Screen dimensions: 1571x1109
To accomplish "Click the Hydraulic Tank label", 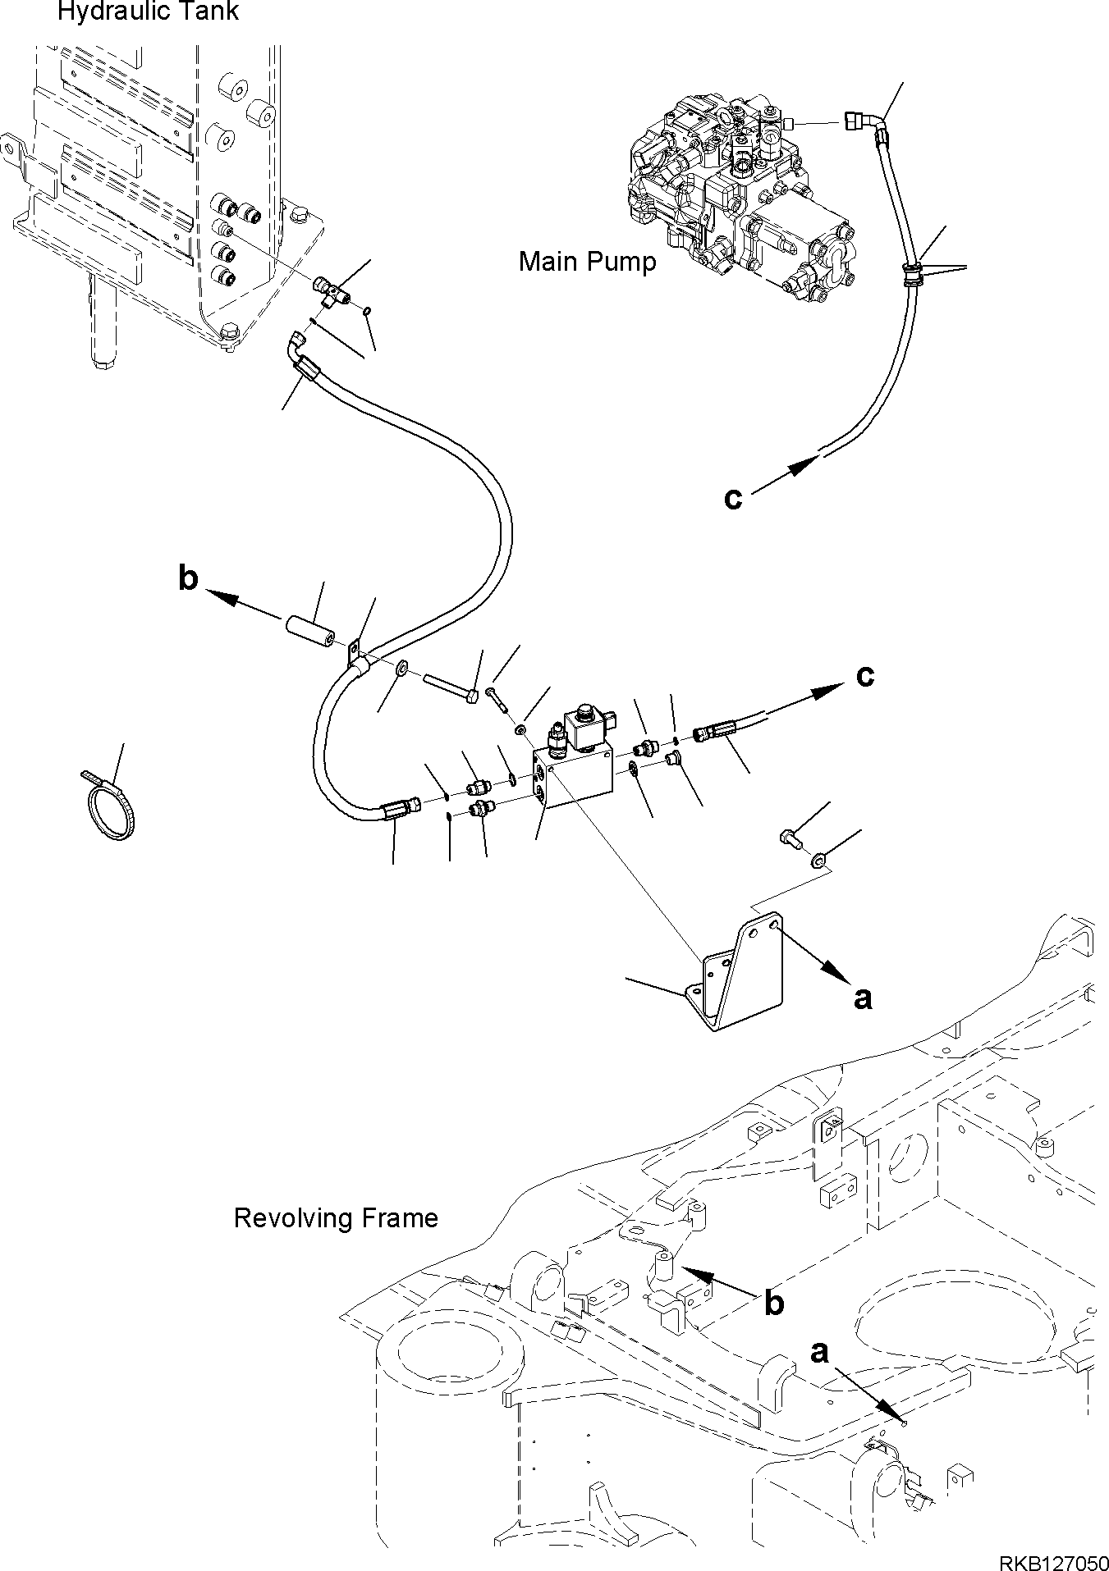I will click(x=148, y=12).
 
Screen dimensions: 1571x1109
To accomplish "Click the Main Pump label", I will click(x=587, y=262).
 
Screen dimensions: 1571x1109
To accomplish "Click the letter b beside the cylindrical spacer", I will click(x=189, y=578).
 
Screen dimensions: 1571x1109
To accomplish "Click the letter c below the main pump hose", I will click(x=732, y=497).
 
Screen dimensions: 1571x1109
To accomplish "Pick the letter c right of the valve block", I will click(x=864, y=675).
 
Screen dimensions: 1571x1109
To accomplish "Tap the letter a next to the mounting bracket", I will click(x=862, y=998).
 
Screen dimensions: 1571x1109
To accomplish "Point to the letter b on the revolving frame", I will click(x=773, y=1303).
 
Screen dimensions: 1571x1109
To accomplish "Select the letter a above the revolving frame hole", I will click(x=818, y=1352).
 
